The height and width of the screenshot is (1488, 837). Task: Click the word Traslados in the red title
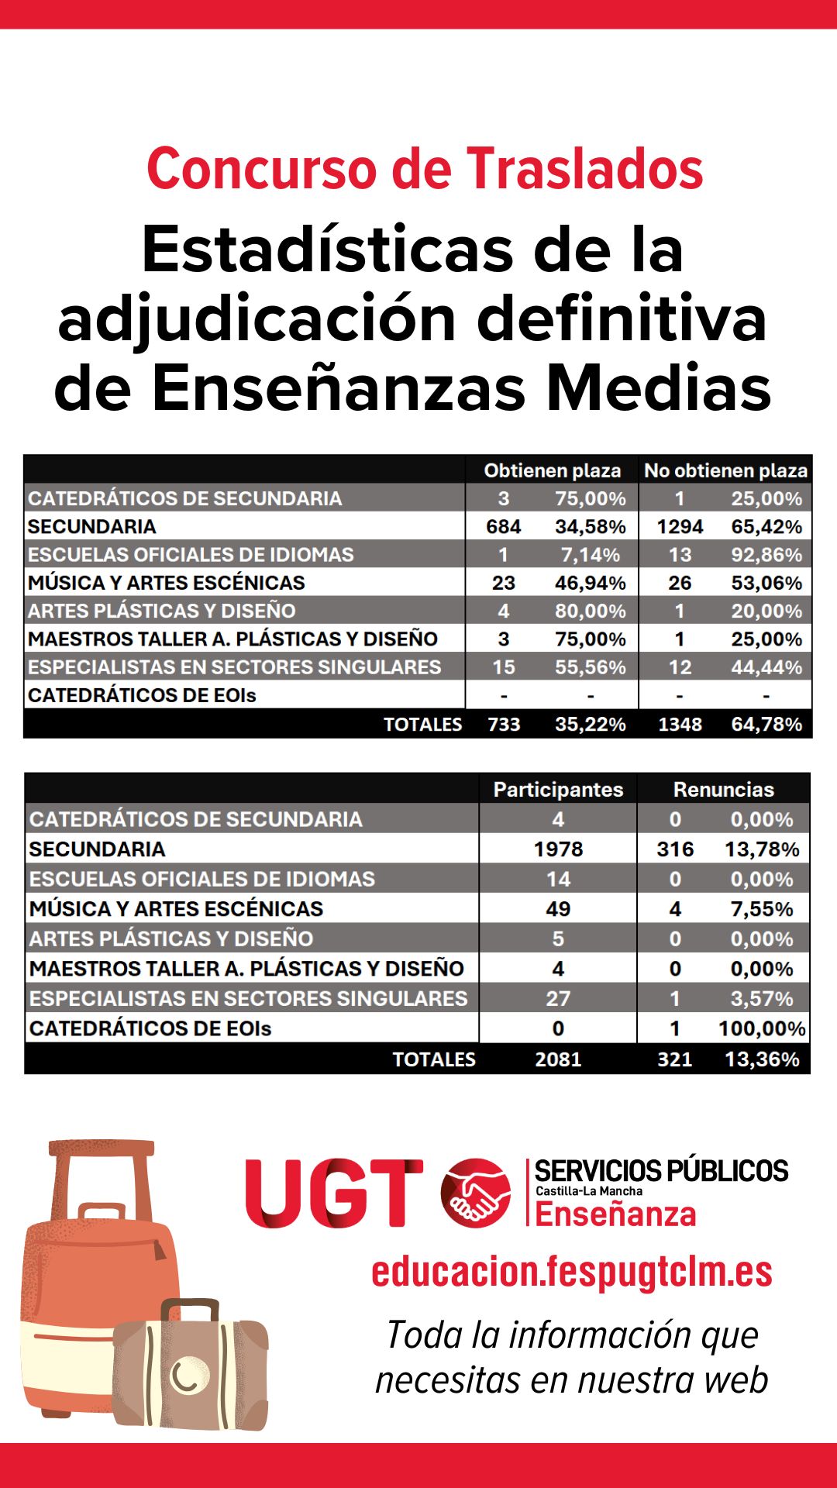pos(584,169)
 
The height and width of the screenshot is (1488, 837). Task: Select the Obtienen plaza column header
pos(553,470)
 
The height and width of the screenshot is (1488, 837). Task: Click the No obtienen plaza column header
pos(726,470)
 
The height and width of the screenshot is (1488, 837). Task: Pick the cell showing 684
pos(504,527)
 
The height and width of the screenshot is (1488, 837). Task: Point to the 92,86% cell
pos(766,555)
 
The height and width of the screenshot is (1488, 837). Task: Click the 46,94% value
pos(590,583)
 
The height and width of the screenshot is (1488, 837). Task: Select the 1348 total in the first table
pos(680,725)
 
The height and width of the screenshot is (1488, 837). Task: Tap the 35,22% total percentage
pos(590,725)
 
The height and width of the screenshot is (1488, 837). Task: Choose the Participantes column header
pos(558,790)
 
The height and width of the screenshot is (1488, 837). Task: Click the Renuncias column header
pos(724,790)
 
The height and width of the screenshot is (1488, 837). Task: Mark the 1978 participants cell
pos(558,849)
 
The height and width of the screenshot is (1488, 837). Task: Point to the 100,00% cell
pos(762,1028)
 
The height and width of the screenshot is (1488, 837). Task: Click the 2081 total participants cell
pos(558,1059)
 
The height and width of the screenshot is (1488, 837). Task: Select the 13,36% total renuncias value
pos(762,1059)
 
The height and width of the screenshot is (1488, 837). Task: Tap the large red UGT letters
pos(334,1193)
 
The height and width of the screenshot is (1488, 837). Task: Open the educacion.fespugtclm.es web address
pos(572,1272)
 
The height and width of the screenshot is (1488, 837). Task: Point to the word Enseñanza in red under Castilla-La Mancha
pos(615,1214)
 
